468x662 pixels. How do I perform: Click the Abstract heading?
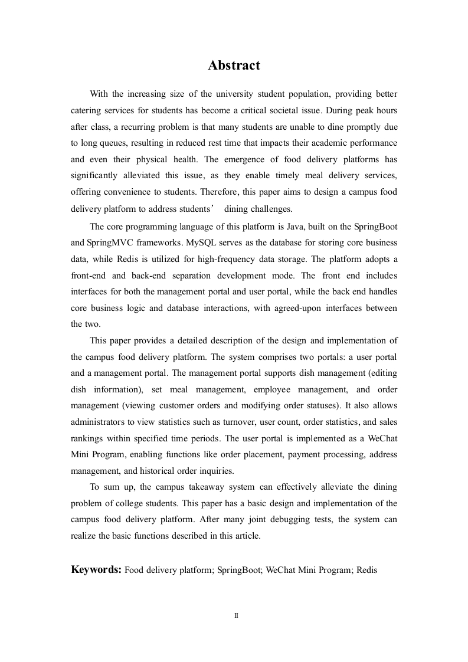point(234,65)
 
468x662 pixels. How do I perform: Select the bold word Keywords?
point(96,569)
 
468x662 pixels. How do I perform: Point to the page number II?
point(236,615)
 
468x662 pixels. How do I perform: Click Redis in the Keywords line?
point(366,570)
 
